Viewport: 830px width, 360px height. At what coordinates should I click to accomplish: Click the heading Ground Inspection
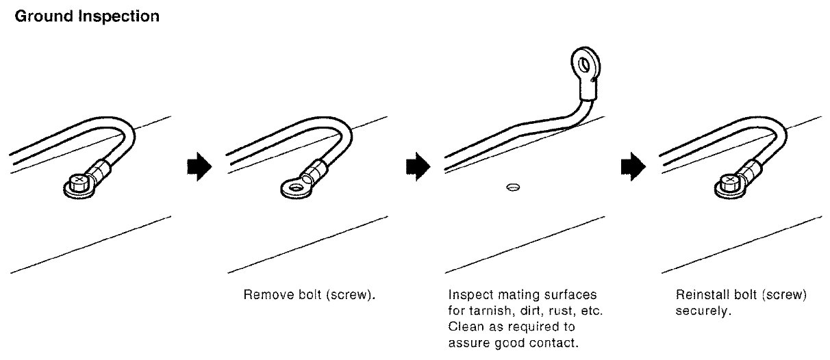pyautogui.click(x=87, y=16)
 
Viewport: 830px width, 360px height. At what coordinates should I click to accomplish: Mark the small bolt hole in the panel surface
pyautogui.click(x=512, y=186)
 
